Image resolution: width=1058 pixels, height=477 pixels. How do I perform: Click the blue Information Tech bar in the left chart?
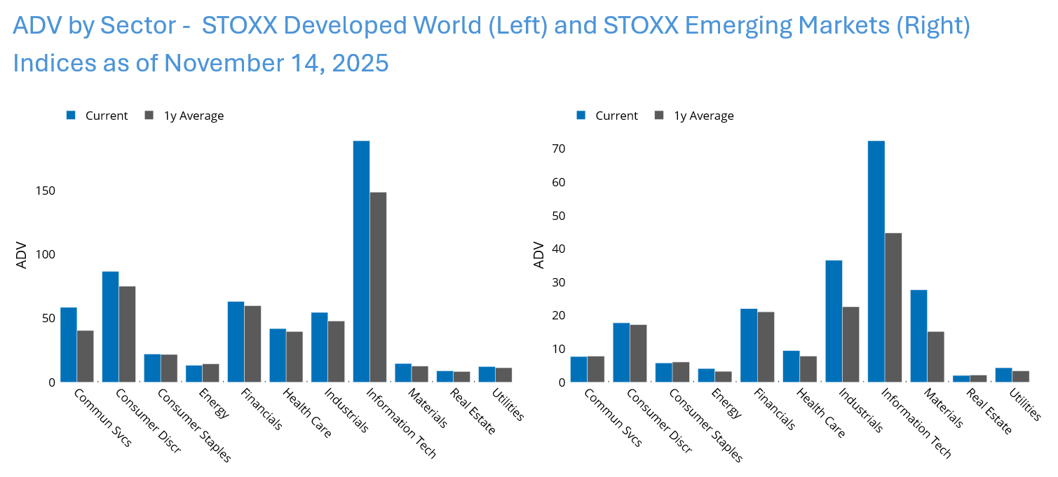click(x=361, y=261)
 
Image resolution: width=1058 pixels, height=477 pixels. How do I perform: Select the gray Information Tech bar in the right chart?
click(x=893, y=307)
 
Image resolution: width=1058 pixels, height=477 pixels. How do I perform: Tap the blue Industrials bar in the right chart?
click(x=834, y=321)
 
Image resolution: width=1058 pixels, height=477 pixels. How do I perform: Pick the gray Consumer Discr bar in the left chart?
click(x=127, y=334)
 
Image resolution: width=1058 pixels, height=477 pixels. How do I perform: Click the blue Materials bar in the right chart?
click(x=918, y=336)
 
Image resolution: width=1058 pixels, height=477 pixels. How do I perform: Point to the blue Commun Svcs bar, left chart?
click(x=69, y=345)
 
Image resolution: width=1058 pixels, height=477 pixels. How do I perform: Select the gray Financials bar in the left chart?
click(x=252, y=344)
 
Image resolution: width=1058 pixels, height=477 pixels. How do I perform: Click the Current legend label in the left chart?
click(x=107, y=116)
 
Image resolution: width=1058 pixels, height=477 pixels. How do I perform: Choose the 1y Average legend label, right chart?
click(x=704, y=116)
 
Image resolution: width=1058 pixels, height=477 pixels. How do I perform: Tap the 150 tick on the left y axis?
click(x=46, y=191)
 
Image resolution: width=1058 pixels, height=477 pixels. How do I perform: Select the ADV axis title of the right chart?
click(x=539, y=256)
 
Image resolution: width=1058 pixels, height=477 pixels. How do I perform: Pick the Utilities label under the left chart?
click(x=510, y=404)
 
